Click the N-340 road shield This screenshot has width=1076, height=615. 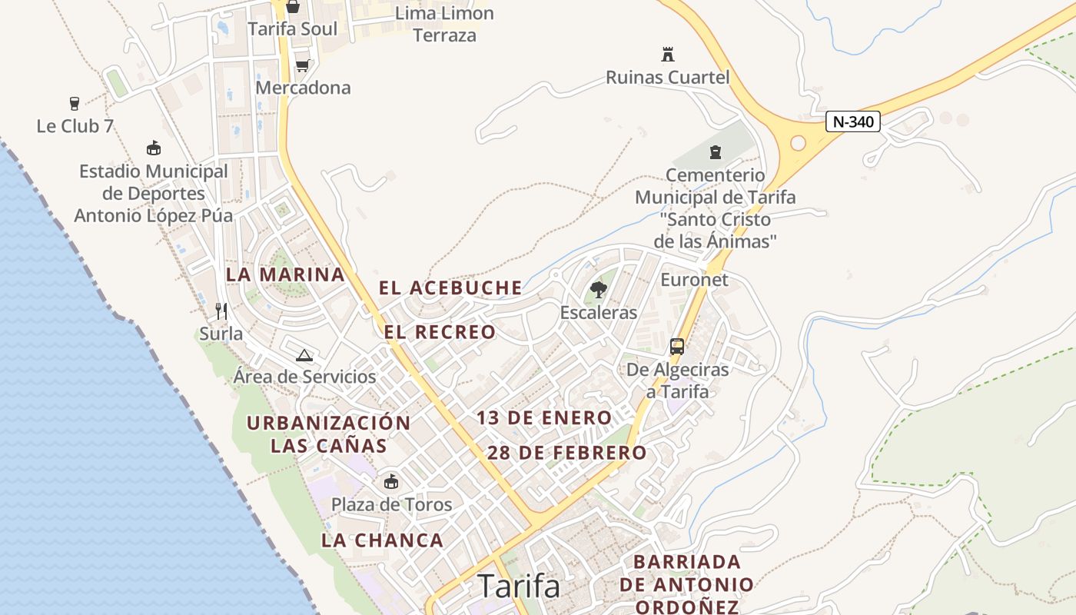pos(852,121)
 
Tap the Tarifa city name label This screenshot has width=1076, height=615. pos(519,586)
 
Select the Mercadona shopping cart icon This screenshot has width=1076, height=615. pos(302,65)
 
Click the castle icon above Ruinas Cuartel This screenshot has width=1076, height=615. pos(667,55)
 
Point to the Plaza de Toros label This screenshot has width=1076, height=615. pos(391,505)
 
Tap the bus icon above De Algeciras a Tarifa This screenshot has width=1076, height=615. pos(676,347)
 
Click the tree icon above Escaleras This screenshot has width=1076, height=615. pos(598,290)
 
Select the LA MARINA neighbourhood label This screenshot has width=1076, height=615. pos(285,274)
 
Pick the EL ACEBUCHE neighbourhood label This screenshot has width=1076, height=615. pos(450,288)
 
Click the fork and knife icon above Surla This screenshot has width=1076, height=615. pos(221,311)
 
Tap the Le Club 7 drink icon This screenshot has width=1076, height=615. pos(75,104)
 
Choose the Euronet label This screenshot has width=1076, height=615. pos(694,280)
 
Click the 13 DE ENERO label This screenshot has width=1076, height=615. pos(544,418)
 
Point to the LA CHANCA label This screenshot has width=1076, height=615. pos(382,540)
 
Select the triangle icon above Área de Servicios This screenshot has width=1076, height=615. pos(304,355)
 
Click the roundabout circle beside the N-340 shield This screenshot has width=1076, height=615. pos(798,143)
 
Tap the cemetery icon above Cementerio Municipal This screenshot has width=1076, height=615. pos(716,151)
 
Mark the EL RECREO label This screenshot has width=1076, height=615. pos(440,332)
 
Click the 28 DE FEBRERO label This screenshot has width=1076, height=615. pos(566,453)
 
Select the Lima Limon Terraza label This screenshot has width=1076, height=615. pos(444,24)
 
